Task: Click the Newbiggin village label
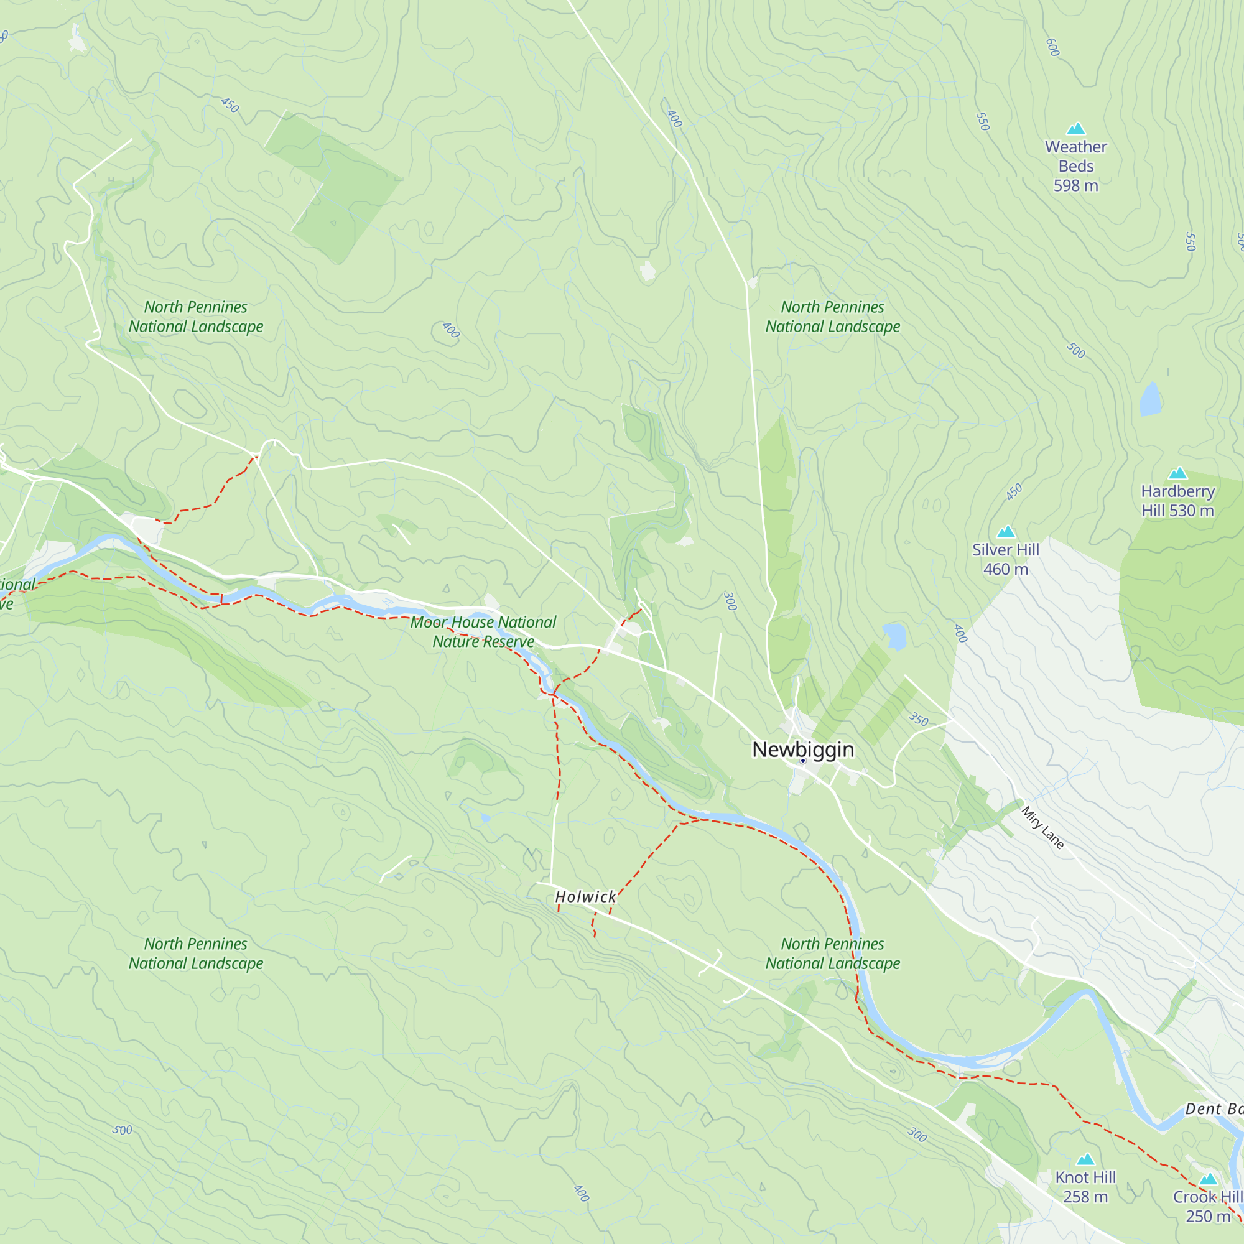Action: pyautogui.click(x=803, y=750)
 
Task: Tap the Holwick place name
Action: pyautogui.click(x=585, y=897)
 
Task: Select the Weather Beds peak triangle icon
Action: pyautogui.click(x=1076, y=129)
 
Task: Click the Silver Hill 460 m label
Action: pyautogui.click(x=1005, y=559)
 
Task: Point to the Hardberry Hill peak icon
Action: pyautogui.click(x=1177, y=473)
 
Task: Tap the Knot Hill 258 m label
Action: pyautogui.click(x=1085, y=1186)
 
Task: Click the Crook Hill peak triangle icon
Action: pyautogui.click(x=1208, y=1179)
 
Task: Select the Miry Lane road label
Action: pyautogui.click(x=1042, y=827)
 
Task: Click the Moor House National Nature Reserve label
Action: pyautogui.click(x=483, y=632)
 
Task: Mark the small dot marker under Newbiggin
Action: pyautogui.click(x=803, y=761)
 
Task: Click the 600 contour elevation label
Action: pyautogui.click(x=1052, y=47)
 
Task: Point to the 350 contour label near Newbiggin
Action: pyautogui.click(x=919, y=719)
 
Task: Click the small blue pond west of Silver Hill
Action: pyautogui.click(x=894, y=636)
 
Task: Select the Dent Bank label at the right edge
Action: pyautogui.click(x=1214, y=1109)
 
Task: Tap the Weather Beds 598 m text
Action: pyautogui.click(x=1076, y=166)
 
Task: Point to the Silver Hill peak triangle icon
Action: pyautogui.click(x=1006, y=532)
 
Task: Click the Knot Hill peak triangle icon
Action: pyautogui.click(x=1085, y=1159)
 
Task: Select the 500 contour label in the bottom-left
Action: pyautogui.click(x=123, y=1130)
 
